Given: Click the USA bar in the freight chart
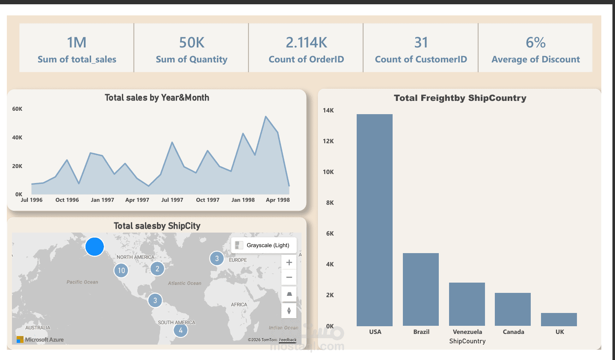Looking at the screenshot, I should pos(375,220).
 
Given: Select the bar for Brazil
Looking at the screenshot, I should pos(421,289).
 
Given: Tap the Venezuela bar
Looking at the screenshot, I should pos(467,304).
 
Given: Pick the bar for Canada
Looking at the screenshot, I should pos(513,309).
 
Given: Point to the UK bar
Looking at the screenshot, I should pos(559,319).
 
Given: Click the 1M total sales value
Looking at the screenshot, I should pos(77,42).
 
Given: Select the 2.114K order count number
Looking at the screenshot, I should pos(306,42).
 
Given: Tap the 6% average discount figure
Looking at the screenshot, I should pos(535,42).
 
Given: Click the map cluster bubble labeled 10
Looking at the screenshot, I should pos(121,270).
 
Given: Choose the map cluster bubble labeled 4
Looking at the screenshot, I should pos(181,330).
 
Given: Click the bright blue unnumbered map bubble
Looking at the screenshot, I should pos(95,247).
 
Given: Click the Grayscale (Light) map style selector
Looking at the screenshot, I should pos(264,245).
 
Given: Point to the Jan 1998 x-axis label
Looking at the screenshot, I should pos(243,200).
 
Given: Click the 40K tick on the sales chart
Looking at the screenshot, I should pos(17,138).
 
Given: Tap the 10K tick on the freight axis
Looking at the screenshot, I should pos(328,172).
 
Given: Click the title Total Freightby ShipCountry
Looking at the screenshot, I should pos(460,98).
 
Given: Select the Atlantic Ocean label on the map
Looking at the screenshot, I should pos(184,283).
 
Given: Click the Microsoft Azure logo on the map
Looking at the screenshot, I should pos(40,339).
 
